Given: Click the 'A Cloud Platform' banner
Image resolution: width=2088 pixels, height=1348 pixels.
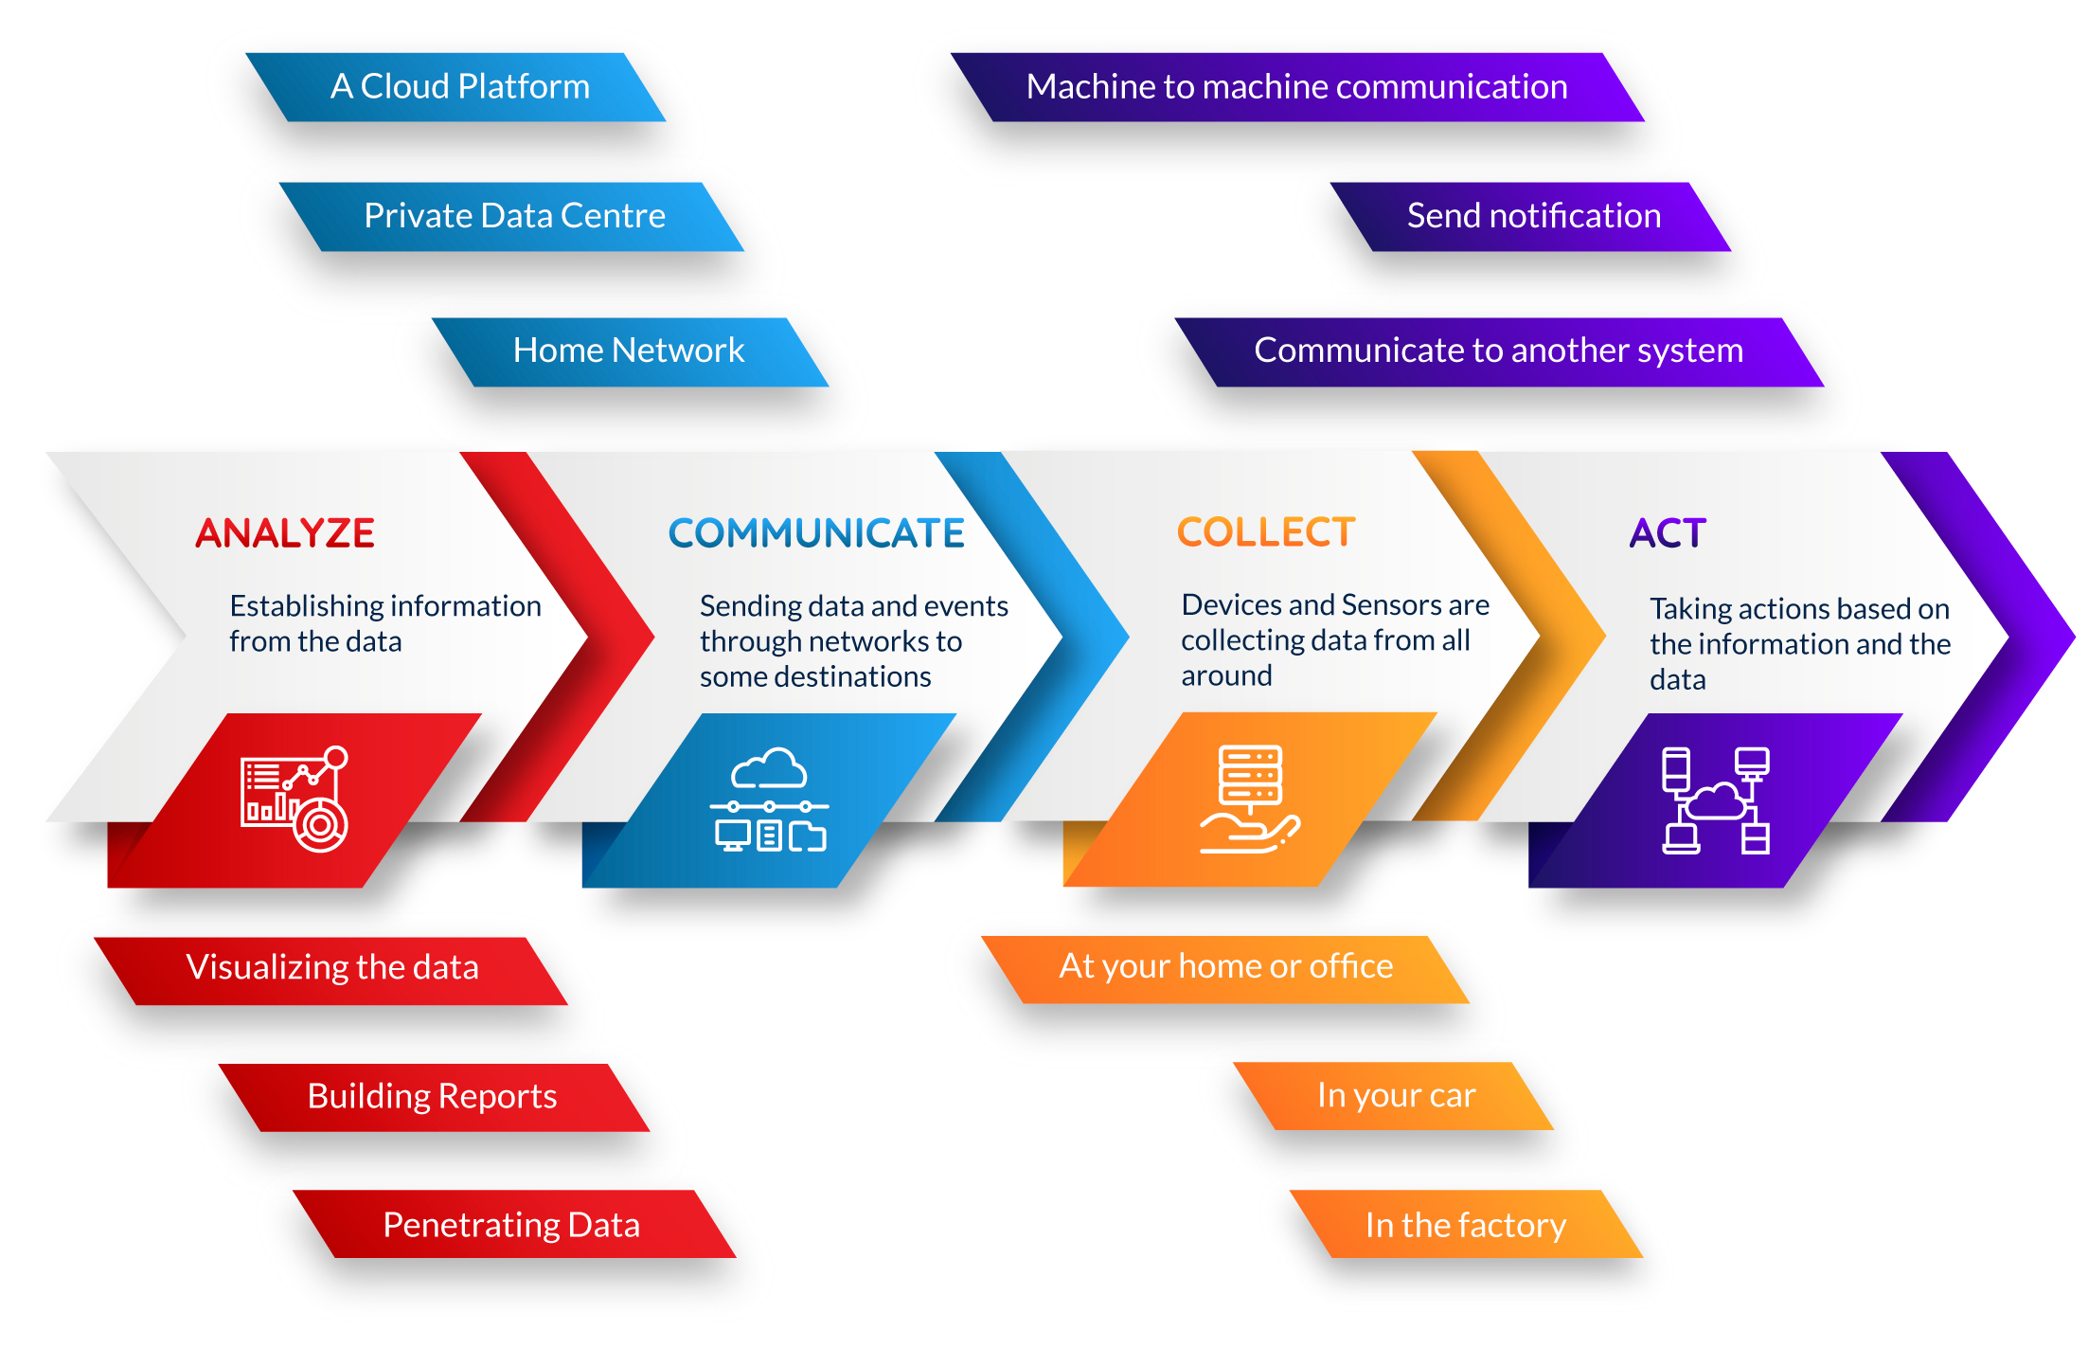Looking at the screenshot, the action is coord(455,87).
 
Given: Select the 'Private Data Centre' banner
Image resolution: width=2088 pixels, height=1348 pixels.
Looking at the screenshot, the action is coord(512,217).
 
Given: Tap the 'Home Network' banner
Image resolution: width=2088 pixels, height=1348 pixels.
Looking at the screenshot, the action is coord(631,352).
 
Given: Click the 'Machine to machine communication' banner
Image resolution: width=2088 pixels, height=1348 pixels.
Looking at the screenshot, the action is coord(1297,87).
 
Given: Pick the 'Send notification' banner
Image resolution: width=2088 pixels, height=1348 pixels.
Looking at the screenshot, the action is coord(1531,217).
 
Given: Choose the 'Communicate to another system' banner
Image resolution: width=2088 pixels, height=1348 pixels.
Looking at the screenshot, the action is coord(1500,352).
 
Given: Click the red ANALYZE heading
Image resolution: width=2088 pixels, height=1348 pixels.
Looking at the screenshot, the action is coord(285,533).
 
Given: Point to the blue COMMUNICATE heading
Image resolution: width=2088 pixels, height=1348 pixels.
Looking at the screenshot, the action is coord(816,533).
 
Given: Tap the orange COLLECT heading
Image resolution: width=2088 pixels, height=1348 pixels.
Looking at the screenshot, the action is coord(1266,532).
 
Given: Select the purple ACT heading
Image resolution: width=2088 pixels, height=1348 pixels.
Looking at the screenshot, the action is coord(1668,533).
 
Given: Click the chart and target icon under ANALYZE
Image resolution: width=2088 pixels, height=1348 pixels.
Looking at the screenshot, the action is coord(294,800).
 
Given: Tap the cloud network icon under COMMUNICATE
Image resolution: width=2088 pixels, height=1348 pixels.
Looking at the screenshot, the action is coord(769,800).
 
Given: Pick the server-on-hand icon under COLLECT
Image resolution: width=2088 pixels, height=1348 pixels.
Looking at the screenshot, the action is coord(1250,800).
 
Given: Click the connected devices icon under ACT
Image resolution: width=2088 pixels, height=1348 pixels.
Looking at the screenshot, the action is coord(1716,800).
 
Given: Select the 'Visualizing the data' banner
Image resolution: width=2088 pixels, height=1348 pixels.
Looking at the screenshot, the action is coord(331,971).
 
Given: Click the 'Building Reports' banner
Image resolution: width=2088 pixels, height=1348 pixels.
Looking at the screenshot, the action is coord(434,1098).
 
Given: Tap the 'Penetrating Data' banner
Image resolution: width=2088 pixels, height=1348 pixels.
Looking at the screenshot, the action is coord(514,1224).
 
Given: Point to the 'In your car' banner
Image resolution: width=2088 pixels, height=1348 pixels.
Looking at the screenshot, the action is coord(1394,1096).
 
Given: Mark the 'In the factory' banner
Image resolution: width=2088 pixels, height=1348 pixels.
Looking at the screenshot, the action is coord(1466,1224).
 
